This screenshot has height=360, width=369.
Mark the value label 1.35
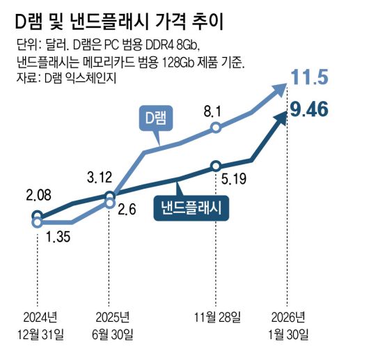pos(59,239)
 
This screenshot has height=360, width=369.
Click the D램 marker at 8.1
pos(216,127)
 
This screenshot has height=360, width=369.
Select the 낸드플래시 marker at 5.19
pos(216,166)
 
